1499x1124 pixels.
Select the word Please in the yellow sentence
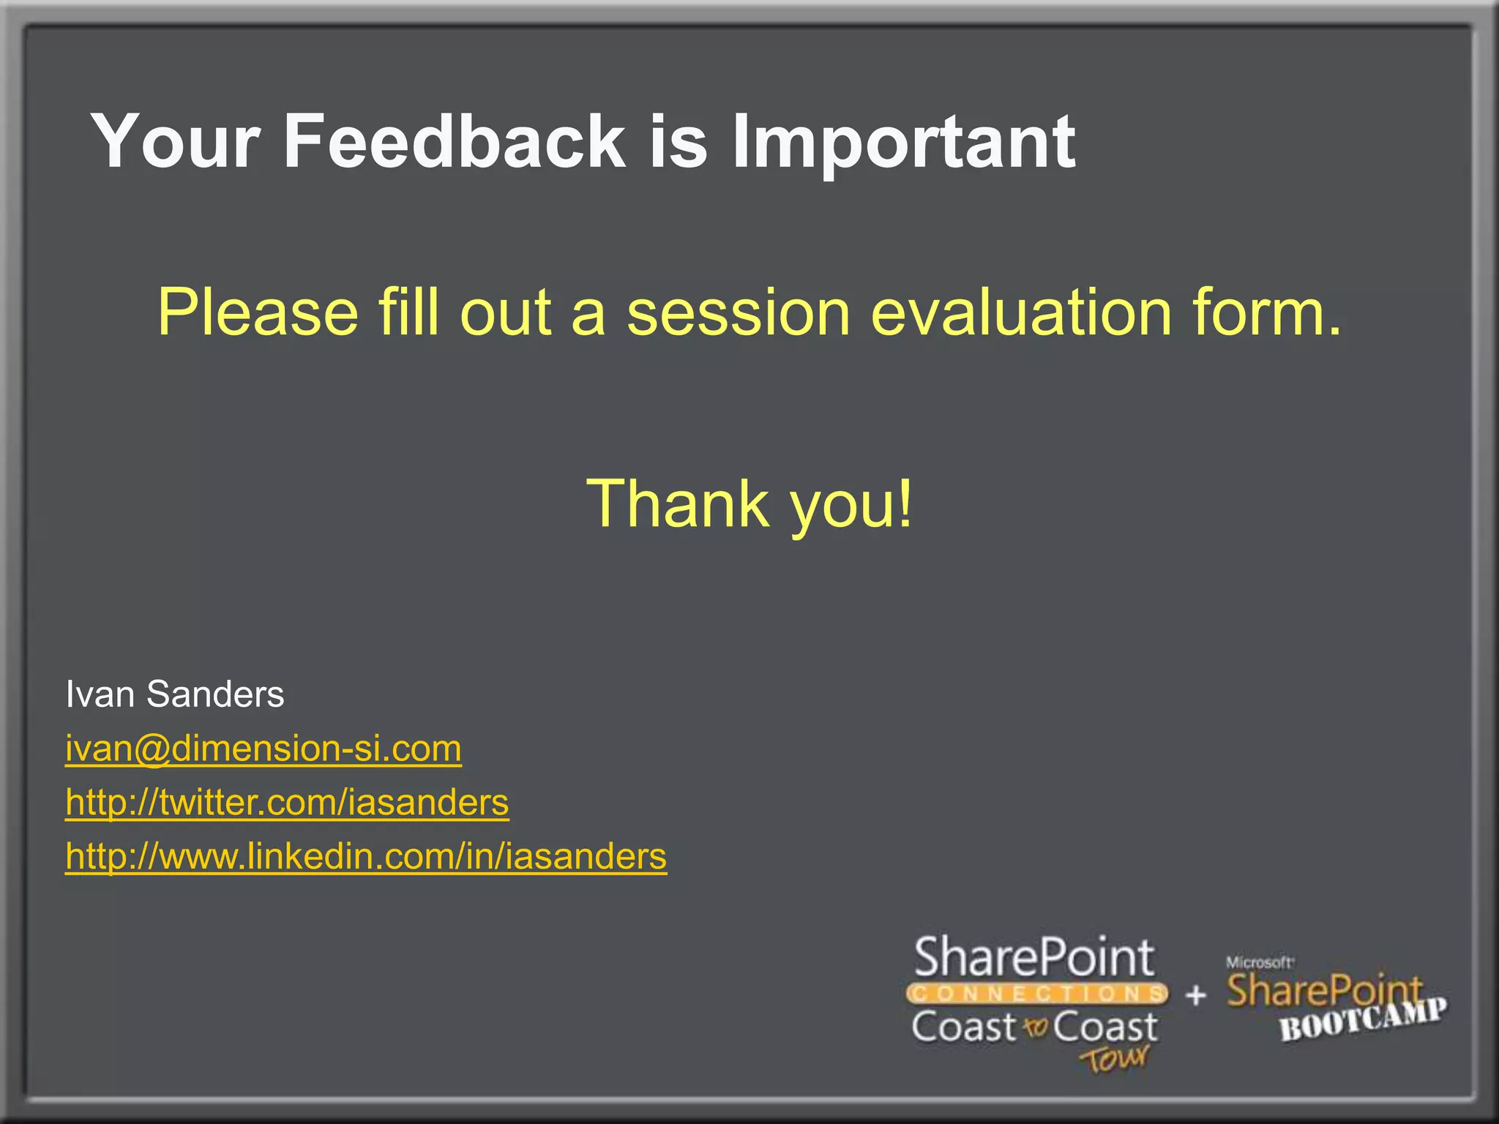[x=258, y=312]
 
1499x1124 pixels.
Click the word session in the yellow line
[x=738, y=312]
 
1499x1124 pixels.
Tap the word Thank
[x=678, y=503]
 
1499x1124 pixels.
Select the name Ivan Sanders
[x=174, y=694]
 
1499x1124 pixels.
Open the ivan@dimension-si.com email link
[x=263, y=749]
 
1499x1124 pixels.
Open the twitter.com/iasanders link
[x=287, y=803]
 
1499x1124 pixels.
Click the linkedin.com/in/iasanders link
[x=366, y=856]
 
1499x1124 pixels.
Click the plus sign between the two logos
[x=1196, y=994]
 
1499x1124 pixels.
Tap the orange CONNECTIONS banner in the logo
[x=1036, y=994]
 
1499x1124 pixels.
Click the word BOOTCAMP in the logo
[x=1363, y=1019]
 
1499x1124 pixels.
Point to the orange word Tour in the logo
[x=1114, y=1059]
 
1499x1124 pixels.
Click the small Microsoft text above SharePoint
[x=1260, y=962]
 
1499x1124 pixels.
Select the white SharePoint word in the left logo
[x=1034, y=958]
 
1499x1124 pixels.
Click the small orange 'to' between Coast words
[x=1035, y=1028]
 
